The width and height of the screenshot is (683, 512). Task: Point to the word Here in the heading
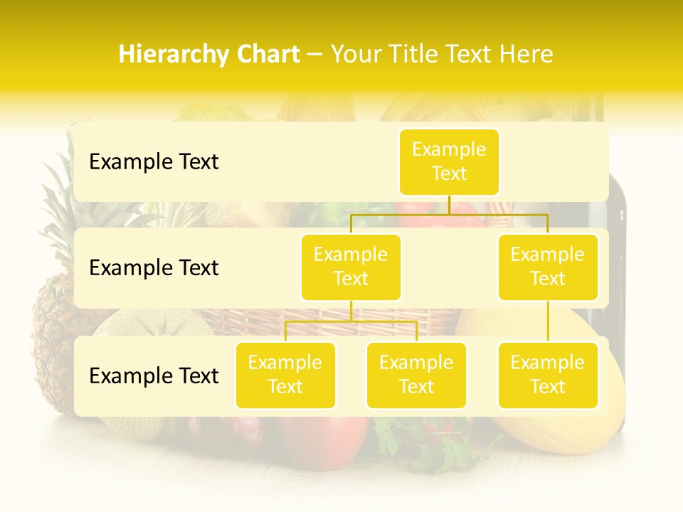tap(526, 54)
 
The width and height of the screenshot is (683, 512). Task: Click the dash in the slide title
tap(314, 55)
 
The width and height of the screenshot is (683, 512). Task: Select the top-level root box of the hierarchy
tap(449, 161)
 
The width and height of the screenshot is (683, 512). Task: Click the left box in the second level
tap(351, 267)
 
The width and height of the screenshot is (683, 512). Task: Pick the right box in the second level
tap(548, 267)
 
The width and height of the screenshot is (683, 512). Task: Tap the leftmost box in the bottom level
tap(285, 375)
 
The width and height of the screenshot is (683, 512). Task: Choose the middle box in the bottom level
tap(416, 375)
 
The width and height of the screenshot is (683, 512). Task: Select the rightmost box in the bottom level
tap(548, 375)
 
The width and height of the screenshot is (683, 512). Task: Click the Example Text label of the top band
tap(154, 162)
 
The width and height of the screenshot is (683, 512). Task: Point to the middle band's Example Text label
tap(154, 268)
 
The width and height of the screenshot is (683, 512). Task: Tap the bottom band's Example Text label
tap(154, 376)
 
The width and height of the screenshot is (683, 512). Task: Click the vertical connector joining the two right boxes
tap(548, 321)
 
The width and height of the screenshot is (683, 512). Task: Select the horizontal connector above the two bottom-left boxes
tap(351, 321)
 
